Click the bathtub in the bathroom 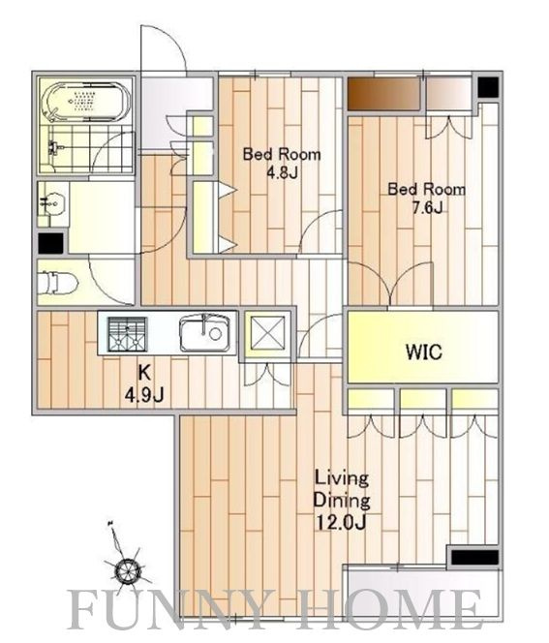pyautogui.click(x=88, y=103)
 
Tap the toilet pyautogui.click(x=56, y=283)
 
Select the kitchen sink pyautogui.click(x=204, y=332)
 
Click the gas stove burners pyautogui.click(x=128, y=334)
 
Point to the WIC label pyautogui.click(x=424, y=352)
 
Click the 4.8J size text pyautogui.click(x=282, y=173)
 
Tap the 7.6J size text pyautogui.click(x=427, y=208)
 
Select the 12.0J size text pyautogui.click(x=341, y=522)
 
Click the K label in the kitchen pyautogui.click(x=144, y=373)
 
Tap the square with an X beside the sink pyautogui.click(x=267, y=332)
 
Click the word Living pyautogui.click(x=342, y=479)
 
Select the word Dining pyautogui.click(x=342, y=501)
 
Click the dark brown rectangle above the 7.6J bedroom pyautogui.click(x=383, y=93)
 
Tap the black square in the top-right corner pyautogui.click(x=488, y=87)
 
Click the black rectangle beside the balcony pyautogui.click(x=474, y=557)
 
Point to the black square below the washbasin pyautogui.click(x=51, y=243)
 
